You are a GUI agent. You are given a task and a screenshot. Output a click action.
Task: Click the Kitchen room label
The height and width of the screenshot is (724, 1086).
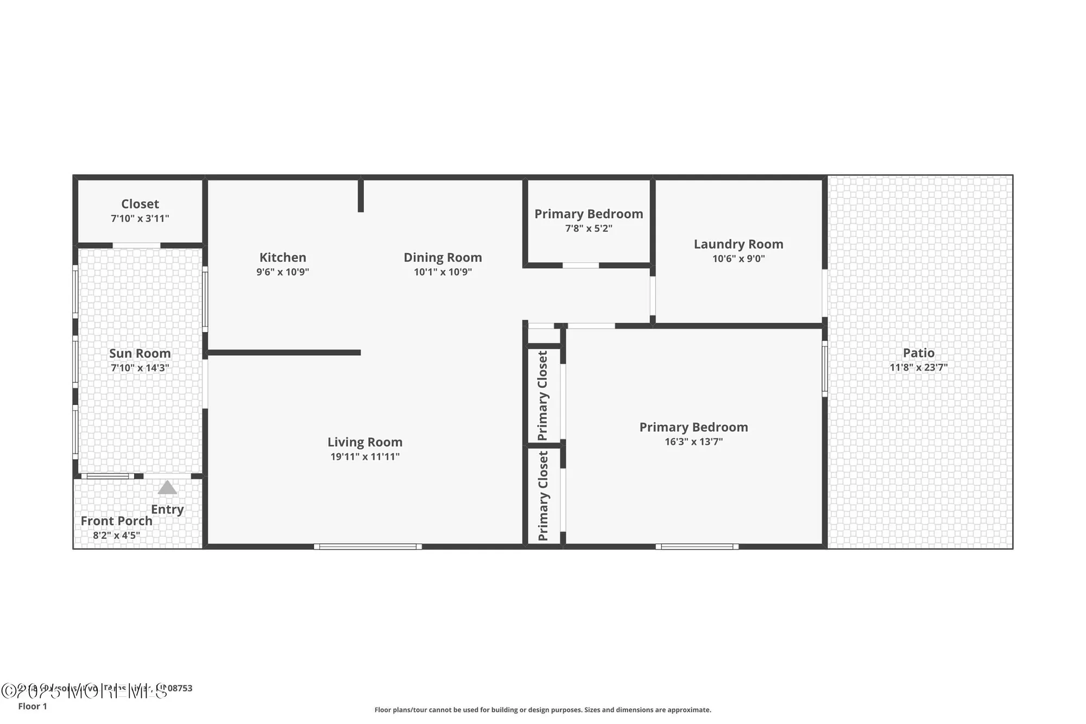point(282,257)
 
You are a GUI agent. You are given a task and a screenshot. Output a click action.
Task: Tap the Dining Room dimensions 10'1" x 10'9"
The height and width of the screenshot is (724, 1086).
point(443,272)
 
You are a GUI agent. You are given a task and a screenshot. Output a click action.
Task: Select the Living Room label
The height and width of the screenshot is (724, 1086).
point(364,442)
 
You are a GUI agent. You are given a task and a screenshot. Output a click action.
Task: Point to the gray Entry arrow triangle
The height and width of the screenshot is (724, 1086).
point(167,488)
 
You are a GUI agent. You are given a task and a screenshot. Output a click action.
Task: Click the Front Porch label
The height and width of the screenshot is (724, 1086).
point(116,521)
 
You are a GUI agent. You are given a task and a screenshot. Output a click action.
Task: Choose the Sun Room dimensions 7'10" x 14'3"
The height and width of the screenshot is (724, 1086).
point(140,368)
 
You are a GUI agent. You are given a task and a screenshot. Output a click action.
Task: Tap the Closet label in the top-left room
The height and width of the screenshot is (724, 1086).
point(140,204)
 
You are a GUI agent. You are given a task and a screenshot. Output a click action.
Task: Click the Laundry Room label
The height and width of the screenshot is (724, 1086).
point(738,244)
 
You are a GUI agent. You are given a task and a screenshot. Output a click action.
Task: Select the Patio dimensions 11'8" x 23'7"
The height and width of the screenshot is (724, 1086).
point(918,367)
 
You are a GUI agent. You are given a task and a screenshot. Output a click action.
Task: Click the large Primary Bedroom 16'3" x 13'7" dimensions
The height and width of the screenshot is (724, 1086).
point(693,442)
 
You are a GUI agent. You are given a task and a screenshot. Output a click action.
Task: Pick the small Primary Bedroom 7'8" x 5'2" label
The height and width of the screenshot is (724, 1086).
point(589,214)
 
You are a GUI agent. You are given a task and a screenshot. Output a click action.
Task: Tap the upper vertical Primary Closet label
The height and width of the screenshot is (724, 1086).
point(542,395)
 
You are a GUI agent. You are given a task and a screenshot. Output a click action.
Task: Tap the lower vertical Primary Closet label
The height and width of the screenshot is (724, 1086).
point(542,496)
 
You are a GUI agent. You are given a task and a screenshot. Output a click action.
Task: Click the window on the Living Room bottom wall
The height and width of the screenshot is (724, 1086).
point(368,546)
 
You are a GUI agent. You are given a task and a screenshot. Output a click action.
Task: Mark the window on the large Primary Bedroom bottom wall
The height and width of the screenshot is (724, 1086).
point(697,546)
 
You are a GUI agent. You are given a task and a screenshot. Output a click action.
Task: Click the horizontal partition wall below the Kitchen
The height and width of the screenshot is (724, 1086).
point(283,352)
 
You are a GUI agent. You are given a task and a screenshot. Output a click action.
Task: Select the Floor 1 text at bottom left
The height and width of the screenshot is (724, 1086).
point(33,706)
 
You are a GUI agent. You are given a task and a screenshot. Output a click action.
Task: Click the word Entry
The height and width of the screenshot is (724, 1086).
point(167,509)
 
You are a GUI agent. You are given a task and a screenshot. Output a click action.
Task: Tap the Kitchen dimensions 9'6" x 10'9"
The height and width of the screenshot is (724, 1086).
point(282,272)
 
